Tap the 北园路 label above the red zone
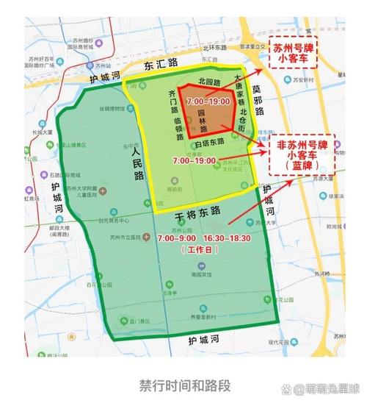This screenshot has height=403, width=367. (210, 80)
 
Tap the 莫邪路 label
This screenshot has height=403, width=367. (257, 100)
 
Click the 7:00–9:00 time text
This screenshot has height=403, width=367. (174, 238)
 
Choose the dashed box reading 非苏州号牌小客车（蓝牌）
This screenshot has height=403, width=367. (302, 154)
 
